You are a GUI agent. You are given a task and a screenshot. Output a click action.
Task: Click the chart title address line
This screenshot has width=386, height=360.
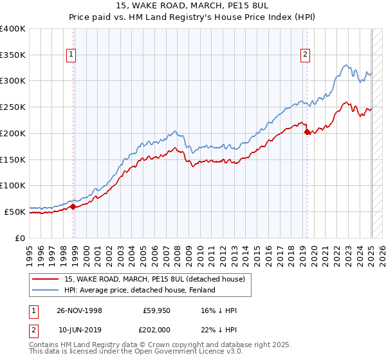tap(193, 6)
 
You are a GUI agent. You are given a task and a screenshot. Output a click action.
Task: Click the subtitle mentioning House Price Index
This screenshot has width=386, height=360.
tap(193, 17)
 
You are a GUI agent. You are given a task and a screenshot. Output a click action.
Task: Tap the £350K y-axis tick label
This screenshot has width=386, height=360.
tap(13, 55)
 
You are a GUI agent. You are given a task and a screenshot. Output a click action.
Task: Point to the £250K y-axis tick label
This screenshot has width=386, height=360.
tap(13, 107)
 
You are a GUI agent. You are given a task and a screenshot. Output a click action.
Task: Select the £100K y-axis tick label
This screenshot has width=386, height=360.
tap(13, 185)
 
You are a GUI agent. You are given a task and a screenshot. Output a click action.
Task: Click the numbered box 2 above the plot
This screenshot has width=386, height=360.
tap(304, 55)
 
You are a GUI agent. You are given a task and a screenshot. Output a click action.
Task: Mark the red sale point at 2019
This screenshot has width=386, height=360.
tap(307, 132)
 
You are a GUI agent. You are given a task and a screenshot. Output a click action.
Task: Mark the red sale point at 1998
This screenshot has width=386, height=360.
tap(73, 206)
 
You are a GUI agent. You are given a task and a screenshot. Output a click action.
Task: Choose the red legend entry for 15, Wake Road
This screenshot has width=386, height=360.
tap(154, 280)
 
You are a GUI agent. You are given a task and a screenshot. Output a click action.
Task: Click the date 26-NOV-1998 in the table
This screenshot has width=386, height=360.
tap(80, 310)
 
